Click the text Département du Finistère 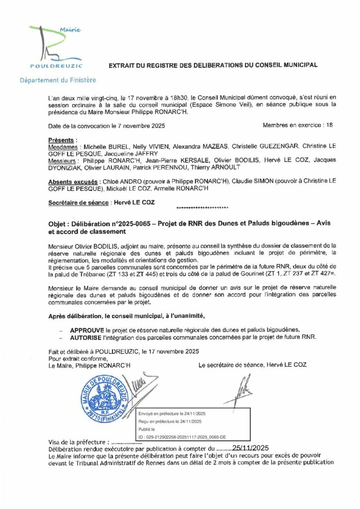(58, 80)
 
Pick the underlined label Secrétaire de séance (78, 203)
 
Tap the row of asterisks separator (202, 207)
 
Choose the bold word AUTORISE (88, 337)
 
